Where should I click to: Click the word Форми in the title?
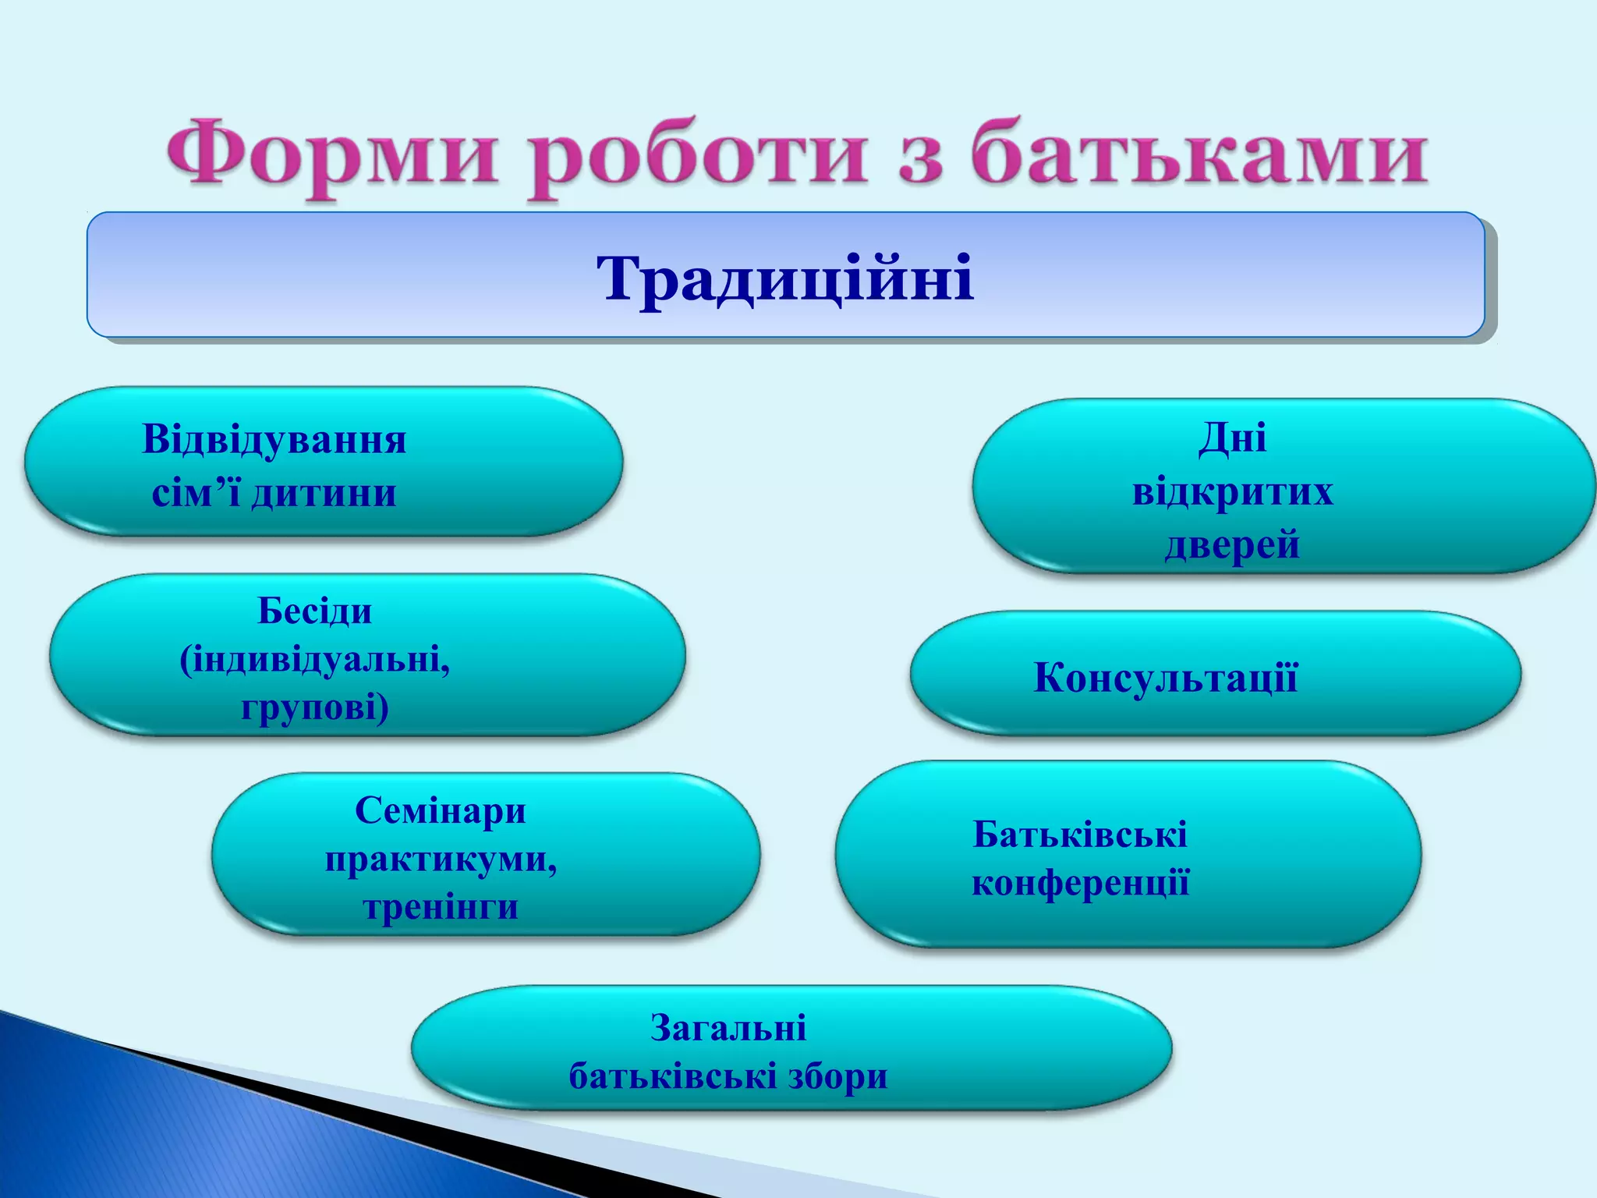331,156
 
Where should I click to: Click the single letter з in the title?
920,160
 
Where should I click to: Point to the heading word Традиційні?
785,278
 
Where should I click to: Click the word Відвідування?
274,440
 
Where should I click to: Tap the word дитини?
324,493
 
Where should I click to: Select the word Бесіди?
314,611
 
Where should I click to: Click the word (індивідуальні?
314,661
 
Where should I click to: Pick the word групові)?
314,708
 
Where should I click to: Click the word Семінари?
441,811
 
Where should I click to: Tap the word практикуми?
441,860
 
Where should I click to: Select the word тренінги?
441,907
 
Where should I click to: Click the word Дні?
1232,438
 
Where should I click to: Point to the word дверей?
1232,544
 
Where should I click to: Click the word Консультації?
1166,677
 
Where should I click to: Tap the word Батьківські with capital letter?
1080,835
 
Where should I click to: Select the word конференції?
1080,884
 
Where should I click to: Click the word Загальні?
728,1028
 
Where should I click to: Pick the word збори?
838,1077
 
